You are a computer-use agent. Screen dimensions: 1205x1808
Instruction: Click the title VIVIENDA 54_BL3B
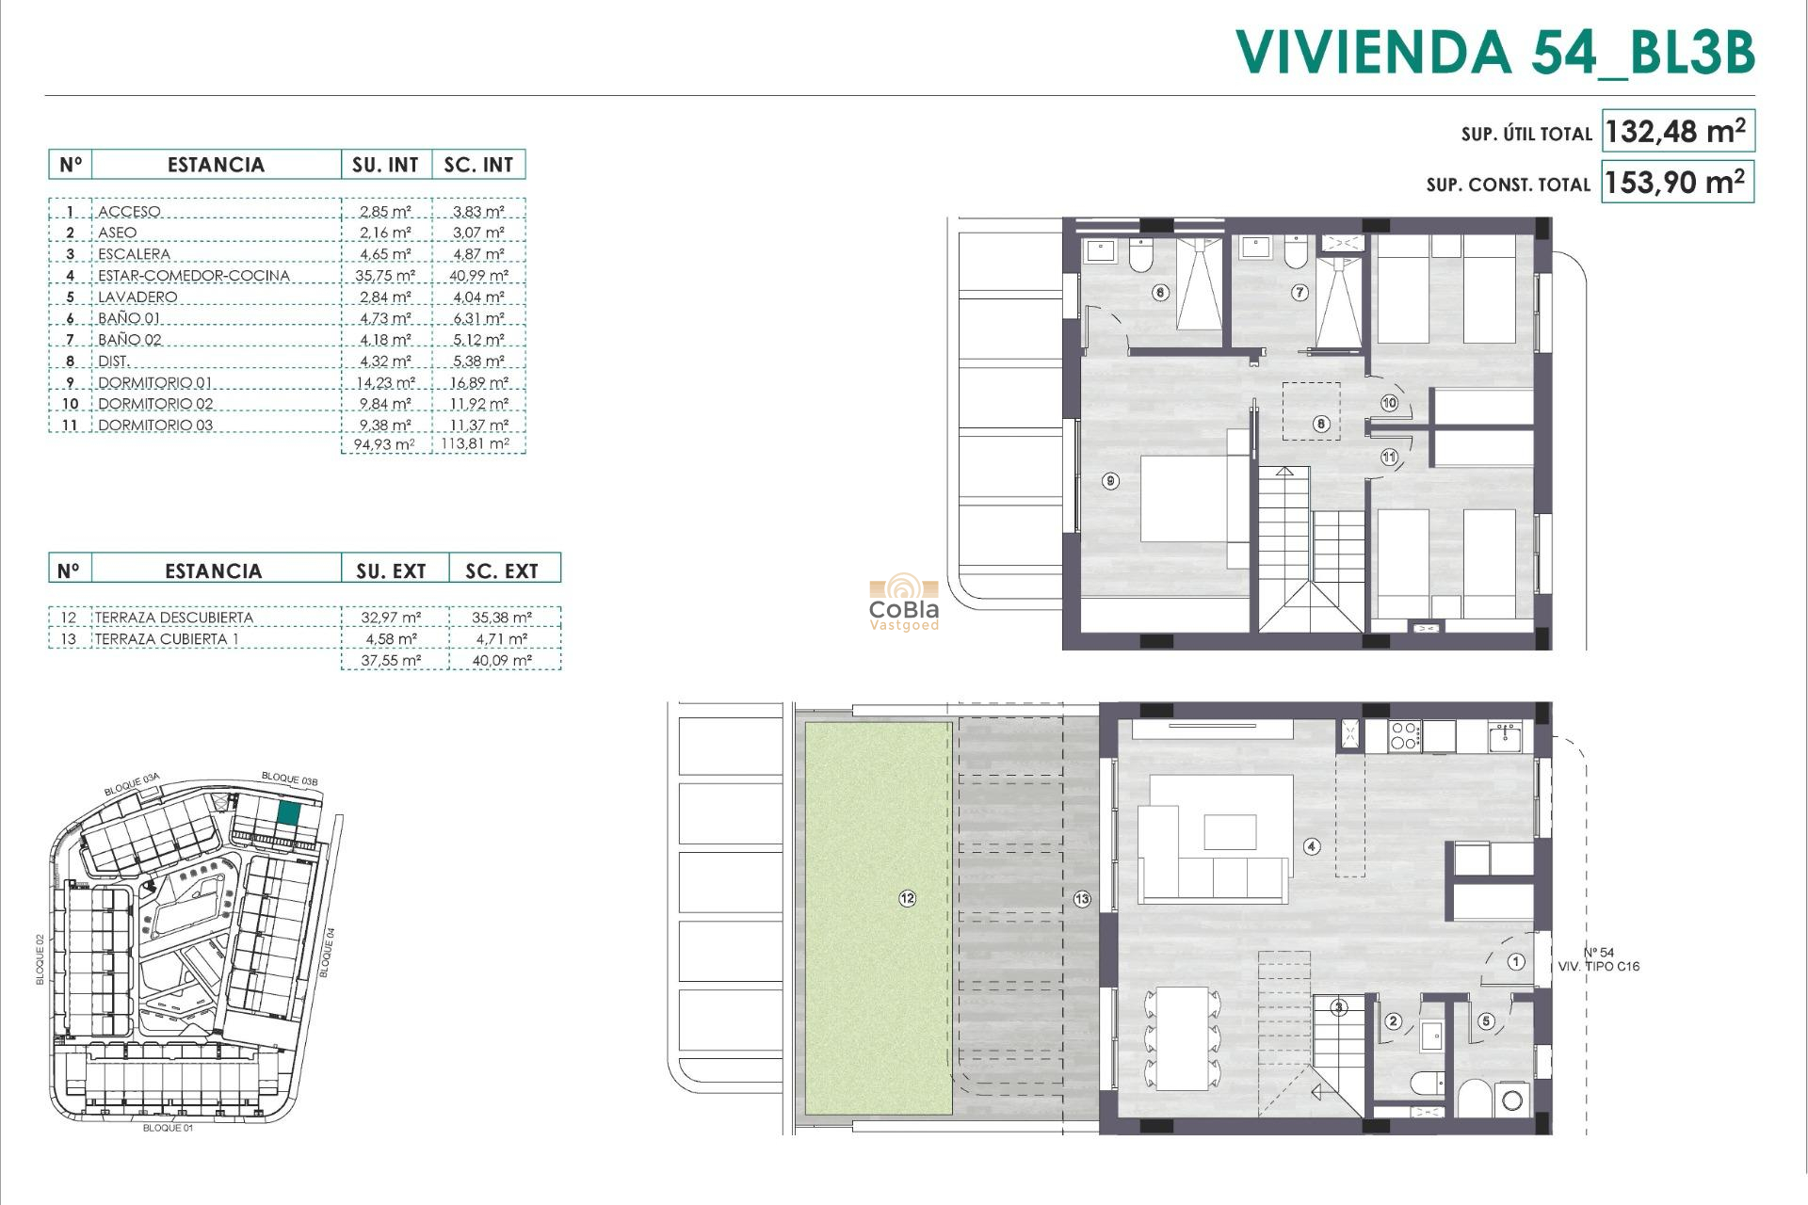(1494, 52)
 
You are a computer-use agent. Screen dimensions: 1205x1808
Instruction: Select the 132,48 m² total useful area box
(1677, 131)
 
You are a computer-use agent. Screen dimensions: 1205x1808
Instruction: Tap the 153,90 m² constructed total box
(1677, 182)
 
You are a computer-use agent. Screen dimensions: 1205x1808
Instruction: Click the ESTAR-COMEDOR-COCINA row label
(194, 276)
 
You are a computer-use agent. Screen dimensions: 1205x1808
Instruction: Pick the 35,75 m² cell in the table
(385, 276)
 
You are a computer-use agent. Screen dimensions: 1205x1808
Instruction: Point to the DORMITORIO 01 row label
(155, 383)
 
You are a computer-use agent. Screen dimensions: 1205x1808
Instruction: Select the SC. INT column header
(478, 165)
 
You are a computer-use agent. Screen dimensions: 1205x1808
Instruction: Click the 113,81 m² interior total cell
(476, 443)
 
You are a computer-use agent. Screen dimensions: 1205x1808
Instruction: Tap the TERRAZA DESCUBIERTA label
(174, 618)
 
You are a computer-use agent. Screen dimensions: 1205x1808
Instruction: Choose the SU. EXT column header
(391, 570)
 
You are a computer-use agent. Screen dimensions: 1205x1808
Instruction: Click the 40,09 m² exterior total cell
(502, 661)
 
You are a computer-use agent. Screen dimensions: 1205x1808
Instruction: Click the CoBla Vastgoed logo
(904, 602)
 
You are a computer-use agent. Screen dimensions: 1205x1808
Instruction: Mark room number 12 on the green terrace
(907, 898)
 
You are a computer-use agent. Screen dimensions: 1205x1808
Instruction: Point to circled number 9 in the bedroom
(1111, 481)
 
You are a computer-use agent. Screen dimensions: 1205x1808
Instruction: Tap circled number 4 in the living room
(1312, 846)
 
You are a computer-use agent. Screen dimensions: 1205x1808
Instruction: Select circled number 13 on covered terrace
(1082, 899)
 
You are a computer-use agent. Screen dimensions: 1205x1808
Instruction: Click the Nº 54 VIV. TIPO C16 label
(1599, 959)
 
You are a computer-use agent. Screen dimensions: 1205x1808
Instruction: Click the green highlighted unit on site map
(289, 813)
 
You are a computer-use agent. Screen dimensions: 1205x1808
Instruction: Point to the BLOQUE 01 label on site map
(168, 1128)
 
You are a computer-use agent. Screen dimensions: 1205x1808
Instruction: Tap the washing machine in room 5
(1512, 1100)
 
